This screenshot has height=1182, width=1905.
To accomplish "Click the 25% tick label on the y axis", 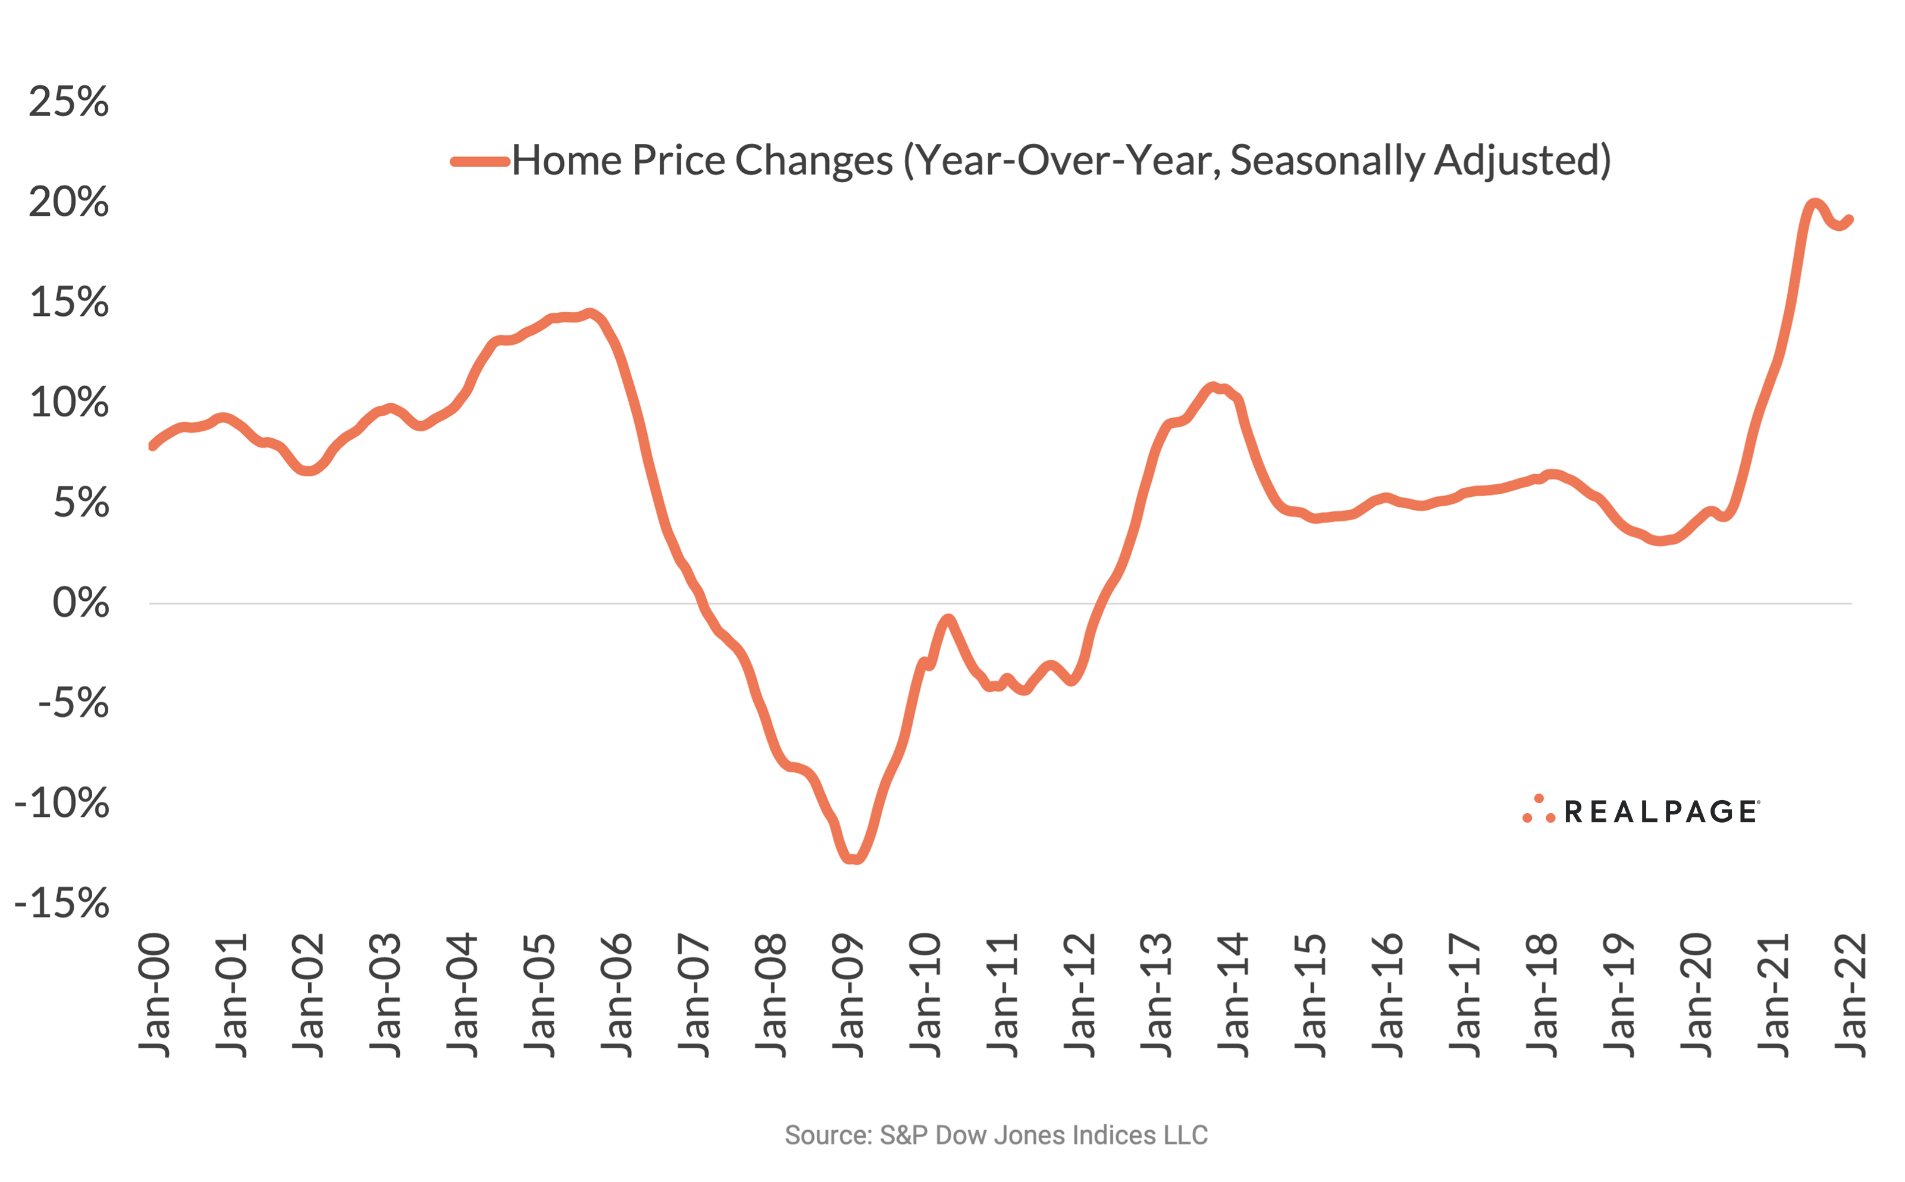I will click(x=69, y=102).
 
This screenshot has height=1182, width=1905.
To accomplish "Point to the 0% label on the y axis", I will click(x=80, y=604).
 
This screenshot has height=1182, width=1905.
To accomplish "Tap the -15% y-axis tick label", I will click(x=62, y=904).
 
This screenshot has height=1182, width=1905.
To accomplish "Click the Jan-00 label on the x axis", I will click(x=154, y=995).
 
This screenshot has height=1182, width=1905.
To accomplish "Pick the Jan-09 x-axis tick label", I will click(x=849, y=995).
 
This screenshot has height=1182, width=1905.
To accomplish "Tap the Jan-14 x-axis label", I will click(x=1235, y=995).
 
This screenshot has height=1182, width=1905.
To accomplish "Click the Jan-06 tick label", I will click(x=618, y=995).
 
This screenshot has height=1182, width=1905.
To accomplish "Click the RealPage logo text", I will click(x=1660, y=812).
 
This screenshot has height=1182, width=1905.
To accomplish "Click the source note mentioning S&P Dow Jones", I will click(x=996, y=1135).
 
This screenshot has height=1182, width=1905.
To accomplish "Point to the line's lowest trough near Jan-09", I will click(x=854, y=859).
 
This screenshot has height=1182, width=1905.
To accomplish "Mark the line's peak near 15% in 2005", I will click(x=590, y=313).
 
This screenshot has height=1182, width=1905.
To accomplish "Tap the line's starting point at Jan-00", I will click(x=152, y=446).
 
